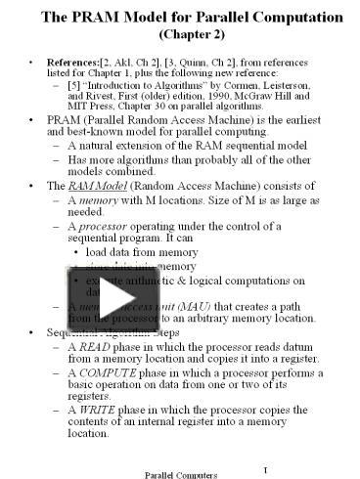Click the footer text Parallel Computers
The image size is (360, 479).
(x=180, y=473)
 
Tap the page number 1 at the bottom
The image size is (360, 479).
(x=264, y=468)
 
